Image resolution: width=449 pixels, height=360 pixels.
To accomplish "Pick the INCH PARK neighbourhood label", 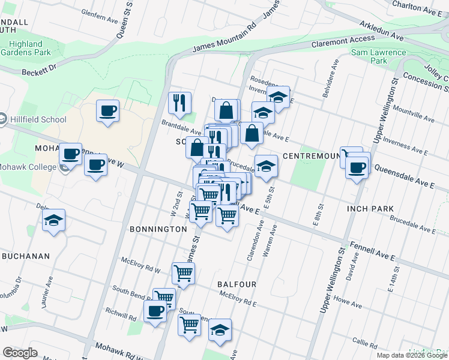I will pyautogui.click(x=370, y=209).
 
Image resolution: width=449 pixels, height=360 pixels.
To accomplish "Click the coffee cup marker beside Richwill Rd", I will pyautogui.click(x=155, y=311).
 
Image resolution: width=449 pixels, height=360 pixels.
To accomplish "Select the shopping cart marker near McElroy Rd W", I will pyautogui.click(x=184, y=273).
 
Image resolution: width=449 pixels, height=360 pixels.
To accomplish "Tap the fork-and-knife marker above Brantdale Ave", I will pyautogui.click(x=179, y=103).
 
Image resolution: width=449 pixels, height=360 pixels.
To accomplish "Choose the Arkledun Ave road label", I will pyautogui.click(x=382, y=29).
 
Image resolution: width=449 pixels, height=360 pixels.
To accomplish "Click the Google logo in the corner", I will pyautogui.click(x=20, y=353).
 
